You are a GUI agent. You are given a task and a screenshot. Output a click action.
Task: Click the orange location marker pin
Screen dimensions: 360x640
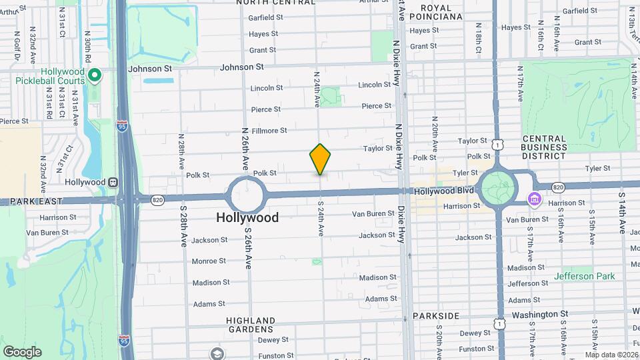(320, 159)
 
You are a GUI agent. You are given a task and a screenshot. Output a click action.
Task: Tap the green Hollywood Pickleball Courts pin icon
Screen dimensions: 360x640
(95, 76)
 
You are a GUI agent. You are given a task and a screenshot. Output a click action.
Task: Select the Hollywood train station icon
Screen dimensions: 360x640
(114, 182)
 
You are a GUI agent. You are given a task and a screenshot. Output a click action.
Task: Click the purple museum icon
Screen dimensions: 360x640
(533, 199)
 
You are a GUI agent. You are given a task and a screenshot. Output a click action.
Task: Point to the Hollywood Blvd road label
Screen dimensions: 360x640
(443, 191)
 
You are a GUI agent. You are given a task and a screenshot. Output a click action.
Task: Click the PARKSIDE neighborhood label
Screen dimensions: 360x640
(436, 315)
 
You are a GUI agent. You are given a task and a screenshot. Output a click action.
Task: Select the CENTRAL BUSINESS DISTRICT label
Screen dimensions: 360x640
(544, 147)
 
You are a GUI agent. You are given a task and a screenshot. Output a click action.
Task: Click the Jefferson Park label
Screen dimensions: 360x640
(583, 276)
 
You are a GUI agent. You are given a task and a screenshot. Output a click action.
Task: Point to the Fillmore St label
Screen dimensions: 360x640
(269, 131)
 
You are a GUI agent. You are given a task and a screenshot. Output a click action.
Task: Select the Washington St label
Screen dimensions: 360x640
(539, 314)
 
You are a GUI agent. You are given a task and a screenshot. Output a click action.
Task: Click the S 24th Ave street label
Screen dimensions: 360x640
(321, 219)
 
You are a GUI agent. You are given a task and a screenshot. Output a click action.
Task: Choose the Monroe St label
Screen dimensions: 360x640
(209, 261)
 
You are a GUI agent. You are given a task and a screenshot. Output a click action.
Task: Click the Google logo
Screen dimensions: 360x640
(22, 351)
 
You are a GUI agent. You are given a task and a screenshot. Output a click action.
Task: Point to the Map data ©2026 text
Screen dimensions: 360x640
(611, 354)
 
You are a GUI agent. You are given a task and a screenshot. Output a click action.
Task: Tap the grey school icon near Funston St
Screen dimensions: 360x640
(216, 353)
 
